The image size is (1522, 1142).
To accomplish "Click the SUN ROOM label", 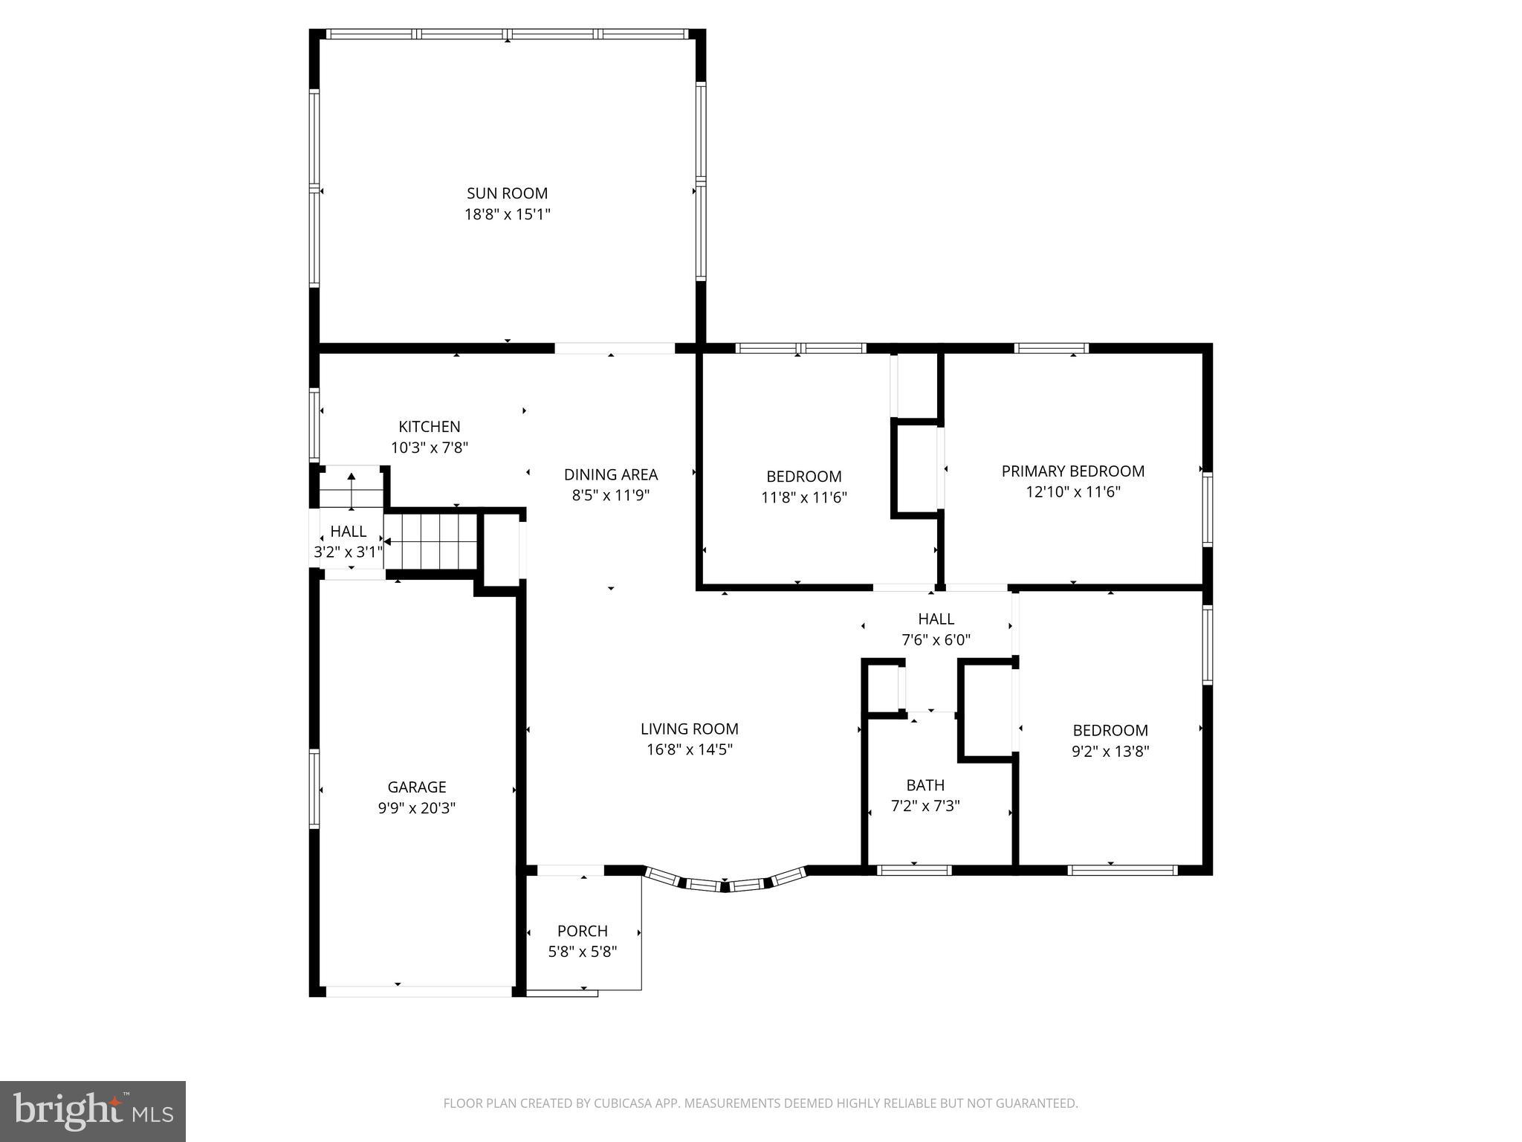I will [x=507, y=193].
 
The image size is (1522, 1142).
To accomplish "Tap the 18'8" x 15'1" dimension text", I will [x=507, y=215].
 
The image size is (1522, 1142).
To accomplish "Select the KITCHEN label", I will [x=429, y=427].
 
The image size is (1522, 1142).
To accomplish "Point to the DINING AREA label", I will [x=610, y=474].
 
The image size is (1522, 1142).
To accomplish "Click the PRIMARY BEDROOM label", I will [x=1072, y=471].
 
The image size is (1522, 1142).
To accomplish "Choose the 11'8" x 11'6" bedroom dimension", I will [x=803, y=497].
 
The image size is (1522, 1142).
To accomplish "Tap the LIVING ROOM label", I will [x=689, y=729].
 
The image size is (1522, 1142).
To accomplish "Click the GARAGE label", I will [x=416, y=787].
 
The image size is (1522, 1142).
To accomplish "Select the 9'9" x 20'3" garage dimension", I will [x=416, y=808].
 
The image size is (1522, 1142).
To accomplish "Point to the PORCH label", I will [x=582, y=931].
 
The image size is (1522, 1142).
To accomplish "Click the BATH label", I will [x=924, y=785].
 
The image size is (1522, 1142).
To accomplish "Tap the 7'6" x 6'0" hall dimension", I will [x=936, y=640].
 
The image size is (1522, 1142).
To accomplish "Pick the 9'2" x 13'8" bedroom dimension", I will [x=1110, y=752].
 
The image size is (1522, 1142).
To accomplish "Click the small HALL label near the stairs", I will [x=348, y=532].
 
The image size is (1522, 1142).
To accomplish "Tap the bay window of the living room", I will [x=725, y=883].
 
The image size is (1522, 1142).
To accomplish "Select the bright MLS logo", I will [x=93, y=1111].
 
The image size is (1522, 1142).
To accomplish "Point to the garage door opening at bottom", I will [x=418, y=991].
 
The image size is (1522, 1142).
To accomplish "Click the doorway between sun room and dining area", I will [x=614, y=348].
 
